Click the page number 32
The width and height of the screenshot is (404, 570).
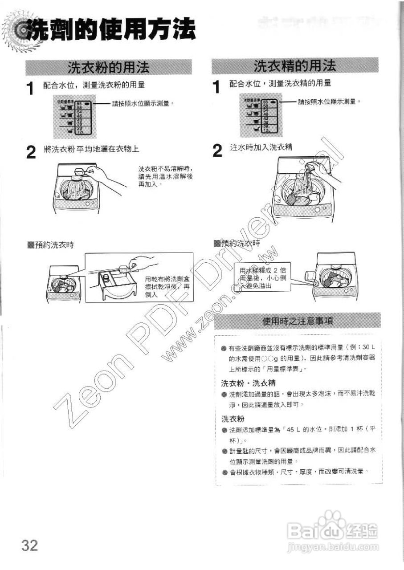pyautogui.click(x=29, y=545)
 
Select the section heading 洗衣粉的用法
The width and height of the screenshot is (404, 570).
pyautogui.click(x=108, y=67)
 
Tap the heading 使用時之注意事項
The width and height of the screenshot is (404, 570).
pyautogui.click(x=299, y=321)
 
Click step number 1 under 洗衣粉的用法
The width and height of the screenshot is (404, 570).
pyautogui.click(x=30, y=88)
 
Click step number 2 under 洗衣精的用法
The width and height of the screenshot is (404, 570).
pyautogui.click(x=217, y=151)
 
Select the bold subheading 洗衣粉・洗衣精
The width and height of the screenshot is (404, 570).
pyautogui.click(x=249, y=383)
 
